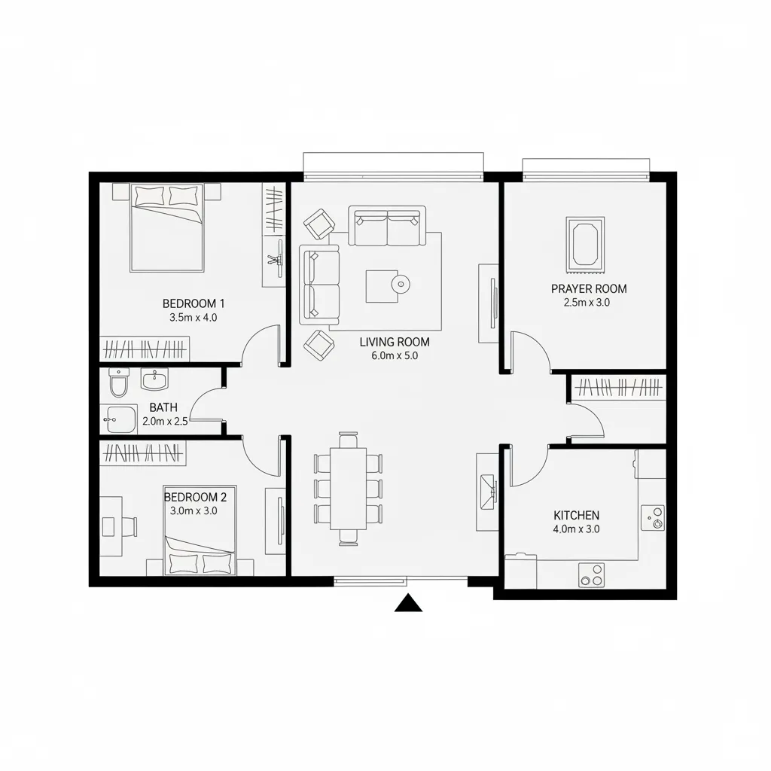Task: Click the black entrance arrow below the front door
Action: [408, 603]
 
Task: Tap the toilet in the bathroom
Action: [118, 383]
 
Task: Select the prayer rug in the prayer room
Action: [585, 245]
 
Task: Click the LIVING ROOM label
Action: [395, 342]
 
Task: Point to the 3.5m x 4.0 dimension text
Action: [194, 318]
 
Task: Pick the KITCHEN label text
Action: [576, 515]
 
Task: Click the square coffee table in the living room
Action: [382, 286]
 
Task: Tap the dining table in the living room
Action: [348, 488]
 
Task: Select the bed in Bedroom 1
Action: [166, 227]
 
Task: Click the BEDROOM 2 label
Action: [195, 497]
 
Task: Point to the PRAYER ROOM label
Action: [589, 288]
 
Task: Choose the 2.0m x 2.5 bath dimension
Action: [165, 421]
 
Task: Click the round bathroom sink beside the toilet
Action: [155, 379]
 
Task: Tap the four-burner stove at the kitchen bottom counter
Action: [591, 574]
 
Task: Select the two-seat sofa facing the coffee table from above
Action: [387, 226]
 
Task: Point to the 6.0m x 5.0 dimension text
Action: [395, 355]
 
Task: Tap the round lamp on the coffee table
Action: [401, 283]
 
